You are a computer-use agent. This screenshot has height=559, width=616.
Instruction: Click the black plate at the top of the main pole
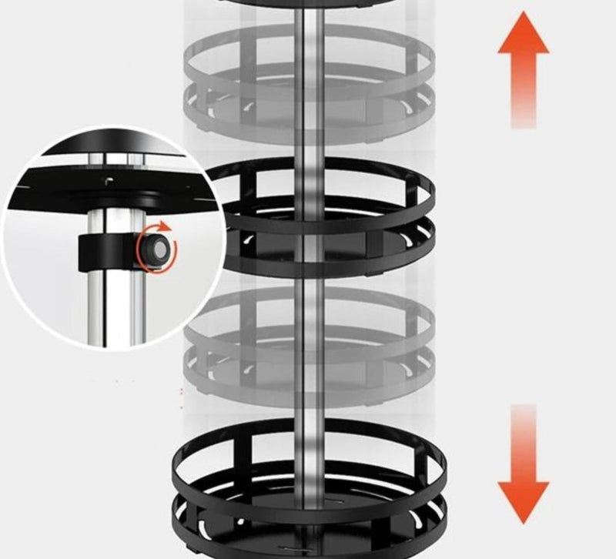(x=308, y=3)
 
